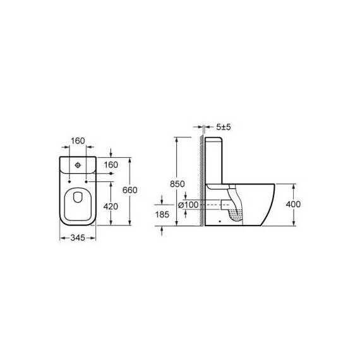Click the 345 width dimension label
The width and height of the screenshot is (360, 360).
(x=78, y=238)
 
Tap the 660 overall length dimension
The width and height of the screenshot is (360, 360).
(x=129, y=190)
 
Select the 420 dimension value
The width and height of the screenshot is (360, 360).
(x=111, y=207)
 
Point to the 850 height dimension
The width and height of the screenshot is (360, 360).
(x=177, y=184)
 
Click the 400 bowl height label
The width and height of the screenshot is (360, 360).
(x=293, y=204)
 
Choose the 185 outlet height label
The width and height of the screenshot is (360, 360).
(x=162, y=215)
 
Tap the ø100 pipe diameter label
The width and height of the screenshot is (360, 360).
(x=188, y=205)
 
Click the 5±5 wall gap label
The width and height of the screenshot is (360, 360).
(x=223, y=127)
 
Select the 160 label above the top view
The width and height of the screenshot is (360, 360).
(x=78, y=141)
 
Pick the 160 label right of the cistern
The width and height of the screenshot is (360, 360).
(x=111, y=165)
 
